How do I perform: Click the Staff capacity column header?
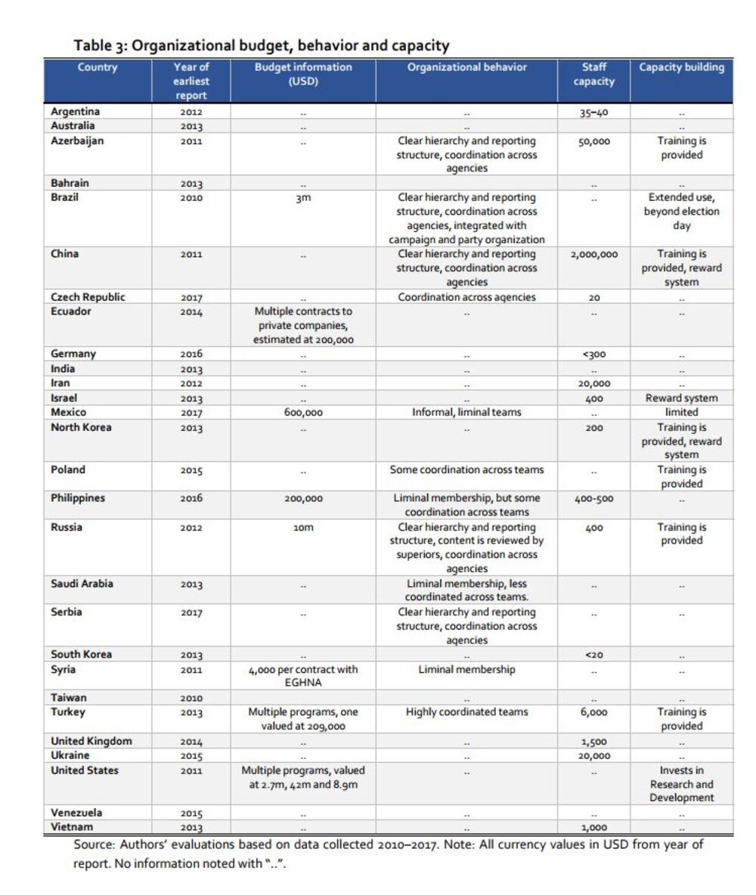593,74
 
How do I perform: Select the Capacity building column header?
681,67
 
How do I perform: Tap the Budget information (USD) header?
302,74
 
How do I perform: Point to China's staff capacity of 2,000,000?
593,255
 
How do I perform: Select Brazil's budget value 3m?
302,198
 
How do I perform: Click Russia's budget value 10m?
302,528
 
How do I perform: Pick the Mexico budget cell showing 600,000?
302,413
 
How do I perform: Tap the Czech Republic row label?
88,297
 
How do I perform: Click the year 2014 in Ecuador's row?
191,311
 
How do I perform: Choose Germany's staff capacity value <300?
593,354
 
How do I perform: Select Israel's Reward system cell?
681,398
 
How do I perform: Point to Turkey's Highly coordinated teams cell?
466,712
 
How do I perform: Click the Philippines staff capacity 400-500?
593,499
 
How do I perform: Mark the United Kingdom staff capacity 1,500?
593,742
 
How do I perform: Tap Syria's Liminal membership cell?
466,670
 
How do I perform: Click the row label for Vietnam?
72,827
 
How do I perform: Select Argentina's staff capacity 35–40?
593,113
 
